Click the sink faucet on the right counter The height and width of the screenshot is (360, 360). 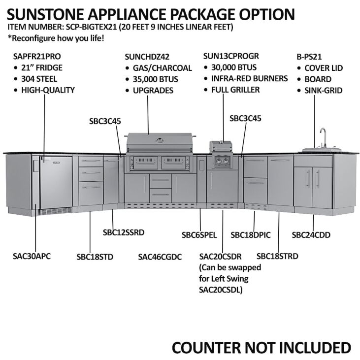click(x=323, y=137)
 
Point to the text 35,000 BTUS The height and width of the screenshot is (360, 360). click(x=156, y=79)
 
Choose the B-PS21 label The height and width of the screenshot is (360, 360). click(x=309, y=57)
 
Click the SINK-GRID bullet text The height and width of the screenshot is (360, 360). click(x=324, y=90)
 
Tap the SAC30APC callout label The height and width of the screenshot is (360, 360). click(x=32, y=256)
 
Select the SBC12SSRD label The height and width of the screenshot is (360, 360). click(x=124, y=232)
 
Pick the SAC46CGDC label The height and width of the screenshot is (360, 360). click(x=160, y=257)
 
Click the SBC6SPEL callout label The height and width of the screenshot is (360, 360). click(x=199, y=235)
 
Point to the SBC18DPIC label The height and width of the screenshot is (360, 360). click(x=250, y=235)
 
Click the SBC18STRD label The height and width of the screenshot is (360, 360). click(x=277, y=256)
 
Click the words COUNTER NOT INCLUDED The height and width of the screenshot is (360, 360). click(x=261, y=347)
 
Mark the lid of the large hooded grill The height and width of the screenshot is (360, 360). click(x=158, y=142)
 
